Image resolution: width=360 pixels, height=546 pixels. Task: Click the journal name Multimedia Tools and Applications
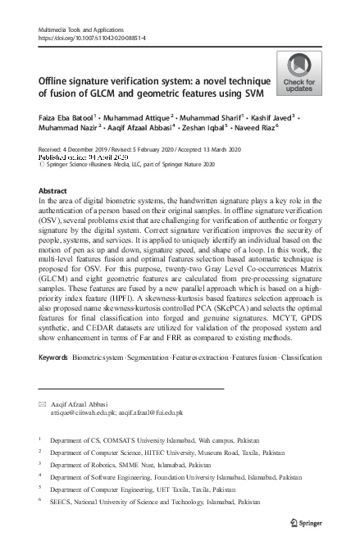point(80,30)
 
